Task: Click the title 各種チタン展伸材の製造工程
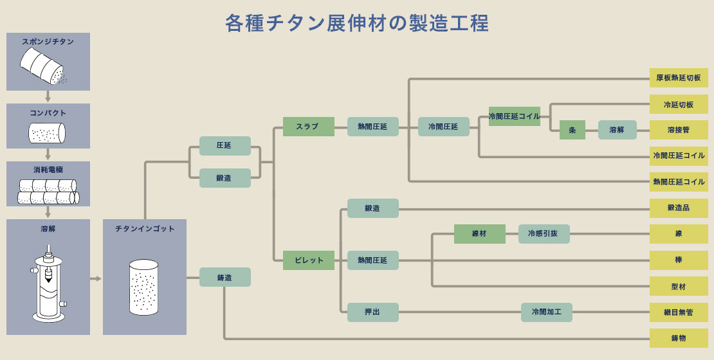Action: [356, 22]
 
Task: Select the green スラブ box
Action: [308, 127]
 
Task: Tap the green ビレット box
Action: [308, 260]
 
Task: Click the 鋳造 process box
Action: [224, 277]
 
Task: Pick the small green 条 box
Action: [572, 130]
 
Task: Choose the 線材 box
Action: [479, 234]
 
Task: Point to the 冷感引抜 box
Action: [544, 234]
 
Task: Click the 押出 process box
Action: [372, 312]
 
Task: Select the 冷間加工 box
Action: [546, 312]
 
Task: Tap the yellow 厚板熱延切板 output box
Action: [679, 78]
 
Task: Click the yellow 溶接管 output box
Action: [679, 130]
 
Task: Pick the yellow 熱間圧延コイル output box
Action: [679, 182]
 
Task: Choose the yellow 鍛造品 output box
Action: [679, 208]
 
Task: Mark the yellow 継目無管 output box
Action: [679, 312]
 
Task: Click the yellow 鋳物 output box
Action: [679, 338]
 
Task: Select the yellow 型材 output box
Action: [679, 286]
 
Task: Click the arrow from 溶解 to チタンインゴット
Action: [96, 278]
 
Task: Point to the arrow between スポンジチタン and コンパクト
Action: [48, 97]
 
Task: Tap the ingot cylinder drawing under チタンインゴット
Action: [143, 287]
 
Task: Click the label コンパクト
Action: [48, 113]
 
